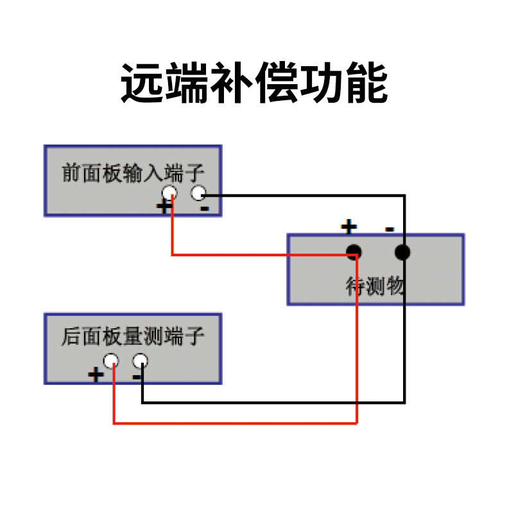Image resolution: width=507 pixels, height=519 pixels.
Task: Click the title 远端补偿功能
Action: [254, 82]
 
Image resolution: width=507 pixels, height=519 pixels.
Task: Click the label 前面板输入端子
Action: [133, 173]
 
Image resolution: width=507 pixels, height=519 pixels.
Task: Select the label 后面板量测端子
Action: [133, 337]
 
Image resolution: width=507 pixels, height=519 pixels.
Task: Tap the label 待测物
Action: [375, 286]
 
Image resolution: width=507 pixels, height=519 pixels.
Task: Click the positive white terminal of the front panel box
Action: [169, 193]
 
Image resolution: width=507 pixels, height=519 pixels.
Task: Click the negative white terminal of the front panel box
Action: [198, 193]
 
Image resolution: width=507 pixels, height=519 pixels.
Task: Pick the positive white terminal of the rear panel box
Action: [111, 361]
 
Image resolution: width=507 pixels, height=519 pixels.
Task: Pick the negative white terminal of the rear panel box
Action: [140, 361]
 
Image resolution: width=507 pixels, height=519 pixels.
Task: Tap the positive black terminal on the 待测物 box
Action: [354, 252]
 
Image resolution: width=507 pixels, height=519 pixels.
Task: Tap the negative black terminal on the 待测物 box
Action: [402, 252]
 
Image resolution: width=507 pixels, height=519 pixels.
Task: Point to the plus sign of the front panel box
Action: [164, 207]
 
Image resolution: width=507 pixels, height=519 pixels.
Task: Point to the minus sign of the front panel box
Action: [205, 209]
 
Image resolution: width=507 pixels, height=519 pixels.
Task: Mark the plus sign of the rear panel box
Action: [96, 374]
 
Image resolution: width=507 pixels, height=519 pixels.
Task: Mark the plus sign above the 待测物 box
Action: [349, 227]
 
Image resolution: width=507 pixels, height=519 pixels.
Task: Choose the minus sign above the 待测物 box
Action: [390, 229]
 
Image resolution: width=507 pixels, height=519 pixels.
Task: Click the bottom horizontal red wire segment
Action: [235, 423]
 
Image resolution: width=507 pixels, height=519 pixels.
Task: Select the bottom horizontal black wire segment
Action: [273, 403]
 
